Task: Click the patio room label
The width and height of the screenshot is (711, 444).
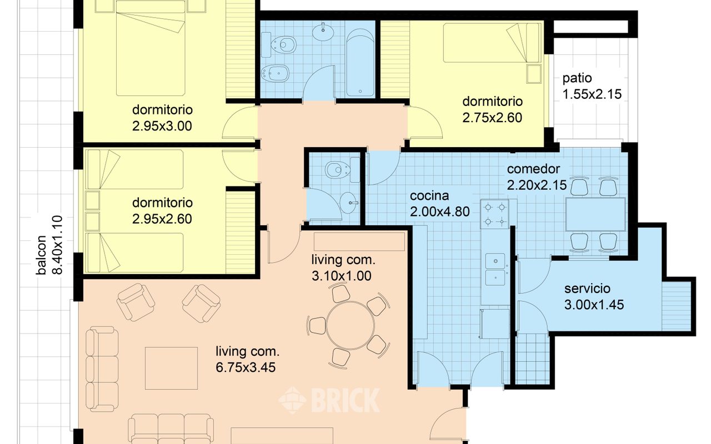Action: tap(577, 78)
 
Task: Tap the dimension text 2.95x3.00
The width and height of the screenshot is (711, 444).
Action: tap(162, 126)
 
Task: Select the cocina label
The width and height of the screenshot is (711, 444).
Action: tap(429, 196)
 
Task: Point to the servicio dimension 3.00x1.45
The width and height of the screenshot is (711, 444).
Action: tap(594, 305)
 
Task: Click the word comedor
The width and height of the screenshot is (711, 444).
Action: tap(533, 169)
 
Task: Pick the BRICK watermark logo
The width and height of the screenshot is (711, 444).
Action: tap(329, 400)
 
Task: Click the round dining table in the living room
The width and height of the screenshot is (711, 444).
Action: tap(351, 325)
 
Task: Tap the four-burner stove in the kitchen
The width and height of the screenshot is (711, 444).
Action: tap(494, 214)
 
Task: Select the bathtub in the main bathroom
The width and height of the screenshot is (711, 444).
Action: tap(360, 63)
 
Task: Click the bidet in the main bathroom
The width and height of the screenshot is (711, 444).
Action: tap(275, 74)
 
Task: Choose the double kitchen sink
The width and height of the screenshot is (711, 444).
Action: tap(495, 269)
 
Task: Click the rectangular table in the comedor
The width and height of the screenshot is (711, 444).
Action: tap(595, 214)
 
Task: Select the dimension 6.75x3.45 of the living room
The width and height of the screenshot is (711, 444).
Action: tap(246, 367)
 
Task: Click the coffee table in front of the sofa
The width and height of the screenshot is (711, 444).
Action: tap(172, 368)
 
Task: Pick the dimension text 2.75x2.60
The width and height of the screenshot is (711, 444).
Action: tap(492, 117)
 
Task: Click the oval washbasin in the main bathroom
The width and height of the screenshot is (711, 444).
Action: tap(323, 32)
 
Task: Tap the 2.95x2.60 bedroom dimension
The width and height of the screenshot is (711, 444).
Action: tap(162, 219)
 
